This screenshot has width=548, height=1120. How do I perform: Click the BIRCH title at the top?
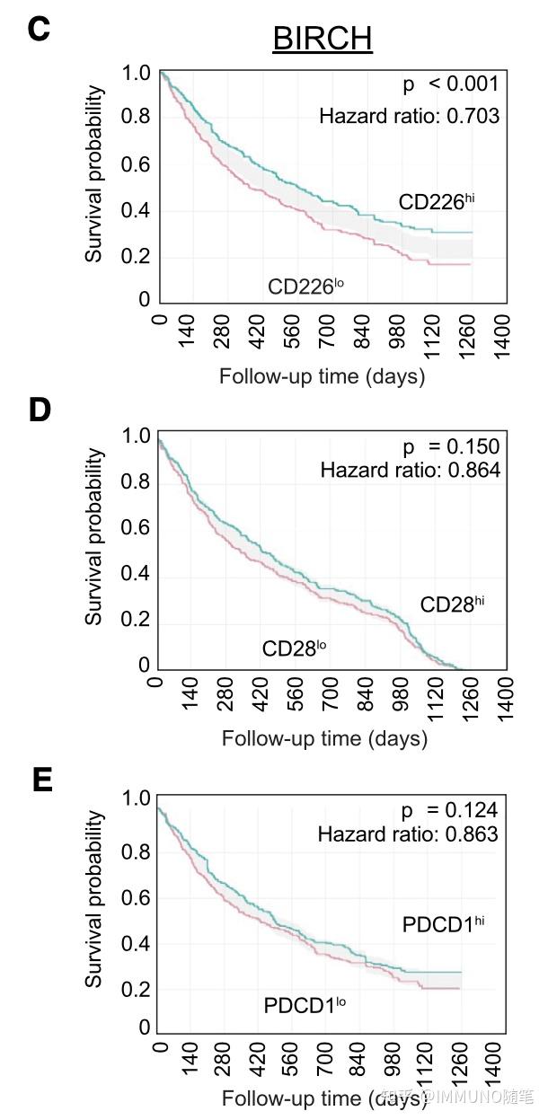click(x=322, y=39)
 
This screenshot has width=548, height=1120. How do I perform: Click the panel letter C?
click(x=39, y=29)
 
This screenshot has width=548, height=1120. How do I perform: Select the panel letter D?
click(x=40, y=410)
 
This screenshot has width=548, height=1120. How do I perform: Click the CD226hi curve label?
click(x=437, y=201)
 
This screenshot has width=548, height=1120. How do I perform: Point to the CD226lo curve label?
click(x=306, y=287)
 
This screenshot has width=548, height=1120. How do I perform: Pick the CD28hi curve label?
click(x=453, y=604)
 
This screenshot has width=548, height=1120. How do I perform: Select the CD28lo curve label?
click(x=295, y=648)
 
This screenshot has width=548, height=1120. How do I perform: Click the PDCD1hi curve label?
click(x=444, y=924)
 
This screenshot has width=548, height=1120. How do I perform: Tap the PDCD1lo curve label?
click(x=305, y=1004)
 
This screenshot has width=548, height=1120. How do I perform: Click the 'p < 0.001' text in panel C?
click(x=449, y=84)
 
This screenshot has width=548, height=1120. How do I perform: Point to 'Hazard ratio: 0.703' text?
click(x=410, y=116)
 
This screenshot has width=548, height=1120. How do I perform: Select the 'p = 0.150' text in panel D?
click(x=450, y=447)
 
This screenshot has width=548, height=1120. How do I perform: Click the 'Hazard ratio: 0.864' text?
click(x=410, y=470)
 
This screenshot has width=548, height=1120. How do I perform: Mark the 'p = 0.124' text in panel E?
click(x=449, y=812)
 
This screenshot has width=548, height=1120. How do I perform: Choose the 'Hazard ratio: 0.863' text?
click(x=408, y=834)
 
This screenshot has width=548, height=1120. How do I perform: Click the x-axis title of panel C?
click(x=323, y=375)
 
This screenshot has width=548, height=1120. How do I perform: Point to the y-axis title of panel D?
click(x=94, y=537)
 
